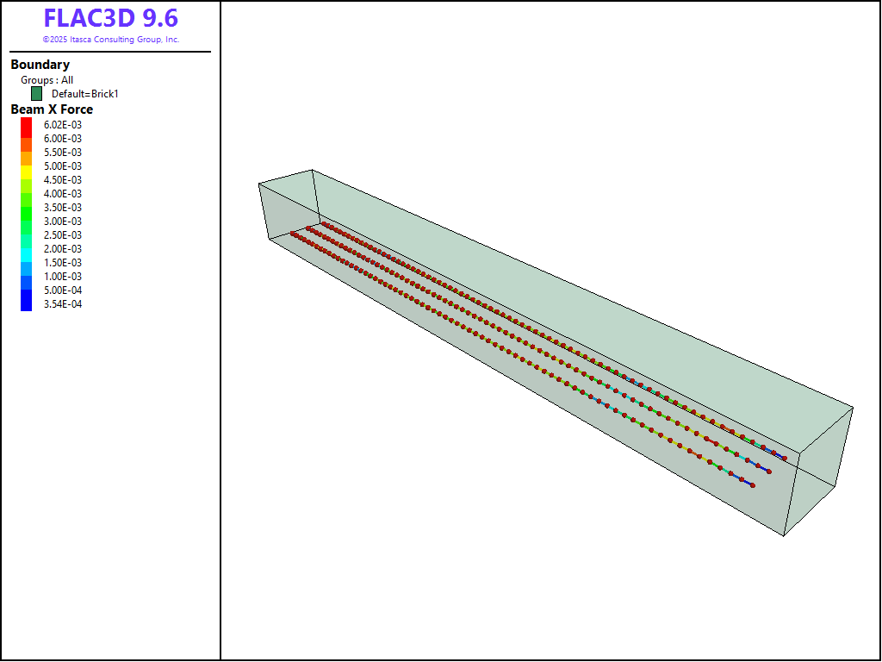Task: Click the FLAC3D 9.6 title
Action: (x=111, y=19)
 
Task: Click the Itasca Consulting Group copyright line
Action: (x=111, y=40)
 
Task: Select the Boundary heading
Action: (x=40, y=65)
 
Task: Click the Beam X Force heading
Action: (x=52, y=109)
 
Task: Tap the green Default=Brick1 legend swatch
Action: (x=36, y=93)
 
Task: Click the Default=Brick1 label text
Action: (x=85, y=94)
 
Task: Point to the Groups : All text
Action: (x=47, y=80)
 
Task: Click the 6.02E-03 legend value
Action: (x=62, y=124)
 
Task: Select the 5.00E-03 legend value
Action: (x=62, y=166)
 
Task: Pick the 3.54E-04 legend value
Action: (x=62, y=304)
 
